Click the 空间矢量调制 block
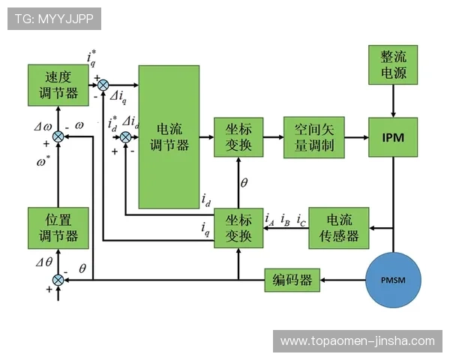[313, 137]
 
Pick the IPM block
[394, 137]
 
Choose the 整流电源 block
[394, 64]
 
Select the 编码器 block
[292, 280]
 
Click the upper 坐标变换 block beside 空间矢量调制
[238, 137]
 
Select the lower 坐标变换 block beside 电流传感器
[238, 228]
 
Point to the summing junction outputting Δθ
[58, 280]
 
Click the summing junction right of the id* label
[126, 137]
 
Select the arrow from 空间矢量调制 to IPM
[356, 137]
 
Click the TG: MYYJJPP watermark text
[54, 19]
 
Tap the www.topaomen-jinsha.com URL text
[357, 340]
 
